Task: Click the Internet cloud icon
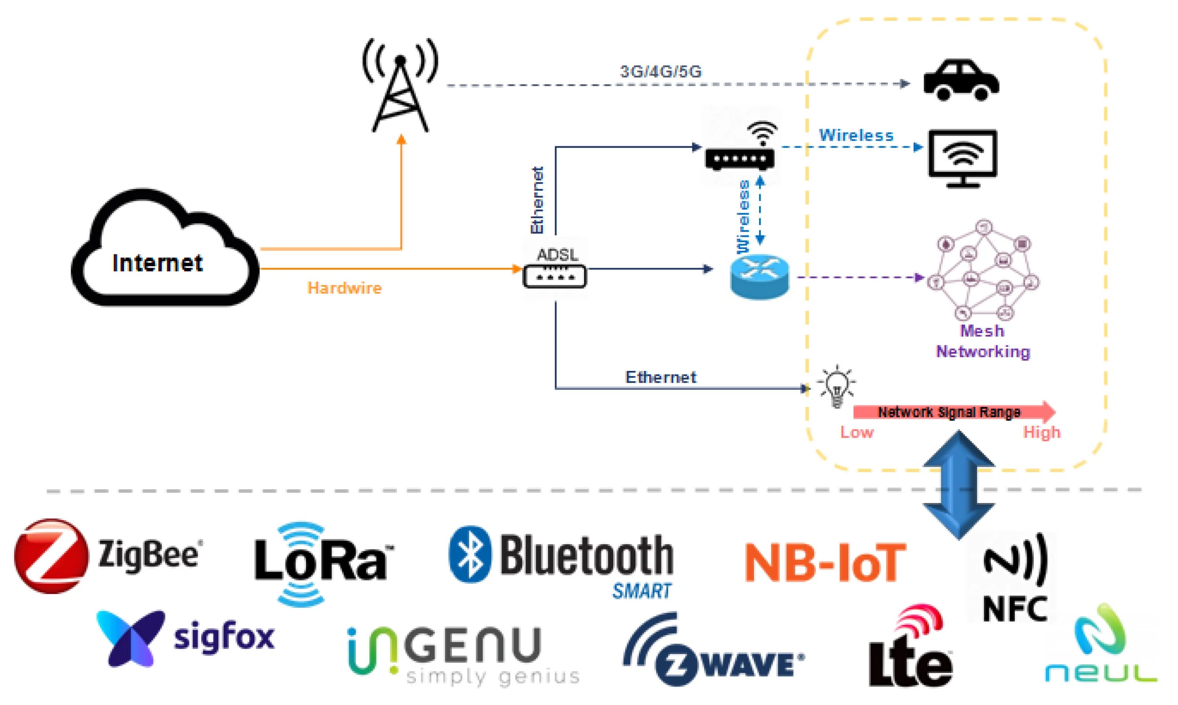point(164,249)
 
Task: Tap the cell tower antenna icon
point(400,86)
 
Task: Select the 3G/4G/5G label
point(660,72)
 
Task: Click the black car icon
point(961,80)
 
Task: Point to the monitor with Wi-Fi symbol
point(963,158)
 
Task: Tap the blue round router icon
point(759,277)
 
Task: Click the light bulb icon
point(837,386)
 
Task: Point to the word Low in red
point(857,432)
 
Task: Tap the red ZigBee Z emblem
point(51,555)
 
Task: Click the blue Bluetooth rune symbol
point(470,554)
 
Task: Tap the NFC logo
point(1015,577)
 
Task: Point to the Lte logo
point(910,648)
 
